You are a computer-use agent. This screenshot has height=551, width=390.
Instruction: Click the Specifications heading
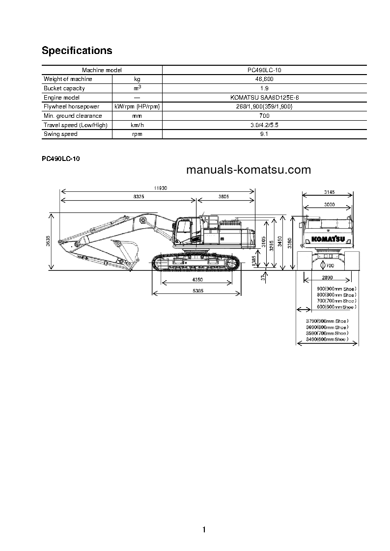77,51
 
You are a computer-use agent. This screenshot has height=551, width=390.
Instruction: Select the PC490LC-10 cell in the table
264,70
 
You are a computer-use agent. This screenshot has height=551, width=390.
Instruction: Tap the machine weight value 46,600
264,79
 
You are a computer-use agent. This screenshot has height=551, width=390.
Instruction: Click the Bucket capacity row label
64,88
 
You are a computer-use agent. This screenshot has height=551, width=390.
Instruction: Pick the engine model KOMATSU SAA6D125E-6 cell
264,98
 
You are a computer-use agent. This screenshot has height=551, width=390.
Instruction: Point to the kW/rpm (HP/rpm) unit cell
137,106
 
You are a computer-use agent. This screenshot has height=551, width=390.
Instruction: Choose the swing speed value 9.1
264,134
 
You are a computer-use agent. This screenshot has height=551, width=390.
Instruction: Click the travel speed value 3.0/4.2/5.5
264,125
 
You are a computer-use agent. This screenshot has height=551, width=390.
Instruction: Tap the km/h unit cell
137,125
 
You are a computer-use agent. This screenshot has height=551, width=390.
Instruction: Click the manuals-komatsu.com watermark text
249,170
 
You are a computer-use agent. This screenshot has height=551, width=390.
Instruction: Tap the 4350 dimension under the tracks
197,279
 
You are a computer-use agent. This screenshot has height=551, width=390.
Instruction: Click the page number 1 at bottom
204,529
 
